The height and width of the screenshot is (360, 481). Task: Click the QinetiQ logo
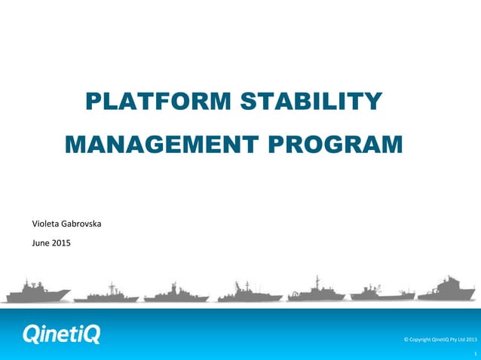point(61,334)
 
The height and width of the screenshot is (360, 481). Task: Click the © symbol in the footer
point(407,340)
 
